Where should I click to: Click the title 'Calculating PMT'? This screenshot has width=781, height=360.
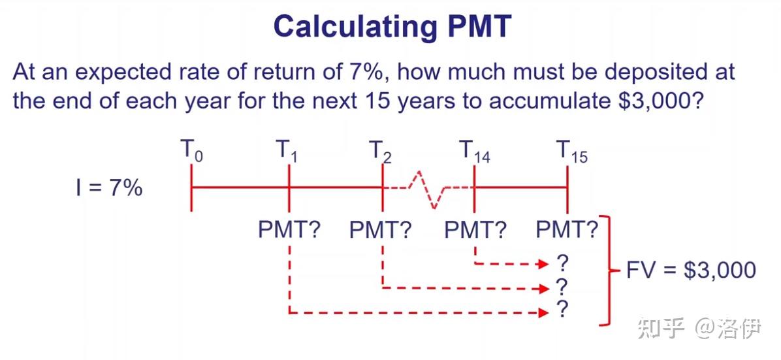392,26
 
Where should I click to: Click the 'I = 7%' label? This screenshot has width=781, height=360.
108,189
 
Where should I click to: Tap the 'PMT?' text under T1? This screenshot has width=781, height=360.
289,230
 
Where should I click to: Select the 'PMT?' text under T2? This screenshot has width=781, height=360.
381,230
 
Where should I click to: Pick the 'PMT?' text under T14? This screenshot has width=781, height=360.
475,230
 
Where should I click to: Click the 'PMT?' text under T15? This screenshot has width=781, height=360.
567,230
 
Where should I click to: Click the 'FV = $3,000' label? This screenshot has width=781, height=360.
691,270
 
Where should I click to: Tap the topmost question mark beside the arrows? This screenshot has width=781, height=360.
562,263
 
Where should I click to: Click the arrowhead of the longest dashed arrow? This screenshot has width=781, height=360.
542,313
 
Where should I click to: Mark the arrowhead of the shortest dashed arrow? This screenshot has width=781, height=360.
542,264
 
